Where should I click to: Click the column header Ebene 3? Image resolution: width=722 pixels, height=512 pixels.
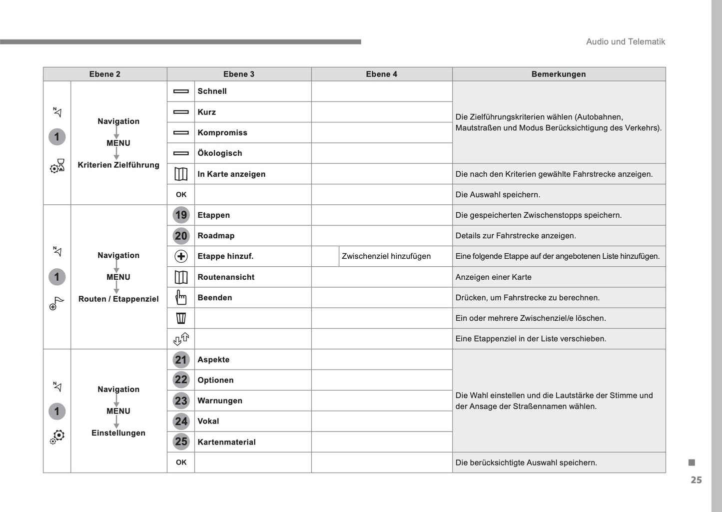239,74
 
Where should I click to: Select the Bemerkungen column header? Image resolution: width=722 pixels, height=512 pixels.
559,74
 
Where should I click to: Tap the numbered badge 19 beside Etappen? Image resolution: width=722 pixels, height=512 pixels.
181,215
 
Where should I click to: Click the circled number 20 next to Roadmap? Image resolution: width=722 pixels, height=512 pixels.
181,236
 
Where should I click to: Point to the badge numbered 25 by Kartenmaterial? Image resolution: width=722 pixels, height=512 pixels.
181,442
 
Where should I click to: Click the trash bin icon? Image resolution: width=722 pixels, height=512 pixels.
181,318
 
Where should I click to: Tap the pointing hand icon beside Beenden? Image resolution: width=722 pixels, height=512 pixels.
181,298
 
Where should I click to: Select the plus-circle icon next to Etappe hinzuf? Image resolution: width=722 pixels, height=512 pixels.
181,256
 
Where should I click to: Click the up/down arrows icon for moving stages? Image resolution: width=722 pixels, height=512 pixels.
181,339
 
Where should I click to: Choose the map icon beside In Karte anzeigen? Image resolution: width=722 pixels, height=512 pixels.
181,174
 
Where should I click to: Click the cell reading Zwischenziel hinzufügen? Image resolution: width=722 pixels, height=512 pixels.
386,256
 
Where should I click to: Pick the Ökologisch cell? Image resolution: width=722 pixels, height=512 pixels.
220,153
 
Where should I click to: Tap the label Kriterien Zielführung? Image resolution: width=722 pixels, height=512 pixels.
118,165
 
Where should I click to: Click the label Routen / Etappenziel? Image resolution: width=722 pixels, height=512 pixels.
118,299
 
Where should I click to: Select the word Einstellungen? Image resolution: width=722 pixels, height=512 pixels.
118,433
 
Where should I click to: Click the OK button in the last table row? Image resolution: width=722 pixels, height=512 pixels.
181,463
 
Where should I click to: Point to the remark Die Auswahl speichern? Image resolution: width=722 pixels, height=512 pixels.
498,195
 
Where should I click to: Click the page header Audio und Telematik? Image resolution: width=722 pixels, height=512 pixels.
626,42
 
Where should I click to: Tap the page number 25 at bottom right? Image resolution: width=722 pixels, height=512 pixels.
696,480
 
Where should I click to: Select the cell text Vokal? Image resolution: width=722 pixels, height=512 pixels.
208,421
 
